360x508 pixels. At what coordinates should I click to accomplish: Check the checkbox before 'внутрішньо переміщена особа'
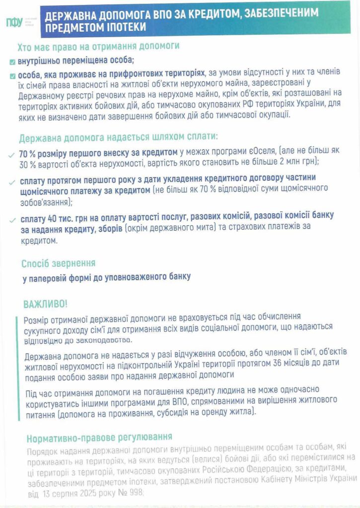point(12,62)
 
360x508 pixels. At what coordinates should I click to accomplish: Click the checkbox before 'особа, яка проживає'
point(12,76)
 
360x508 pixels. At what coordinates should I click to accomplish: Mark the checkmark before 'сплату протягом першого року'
point(12,183)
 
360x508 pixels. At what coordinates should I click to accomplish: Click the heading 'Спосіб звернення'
point(58,263)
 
